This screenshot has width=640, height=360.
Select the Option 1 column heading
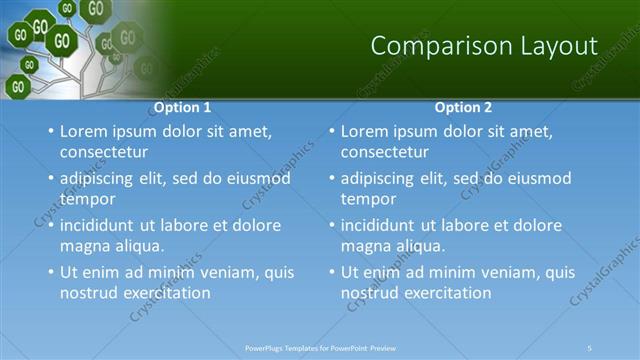(x=182, y=107)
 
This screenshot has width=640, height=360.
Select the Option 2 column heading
(x=463, y=107)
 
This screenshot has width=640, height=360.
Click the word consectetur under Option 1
(x=104, y=153)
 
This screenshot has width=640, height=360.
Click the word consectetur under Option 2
(x=385, y=153)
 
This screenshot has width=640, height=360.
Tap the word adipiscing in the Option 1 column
(x=100, y=179)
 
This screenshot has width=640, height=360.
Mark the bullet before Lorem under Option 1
(x=50, y=131)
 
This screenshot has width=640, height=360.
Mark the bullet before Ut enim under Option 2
(x=331, y=272)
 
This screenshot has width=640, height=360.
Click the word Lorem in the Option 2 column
(x=363, y=131)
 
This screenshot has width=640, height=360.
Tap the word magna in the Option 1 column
(x=84, y=246)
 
